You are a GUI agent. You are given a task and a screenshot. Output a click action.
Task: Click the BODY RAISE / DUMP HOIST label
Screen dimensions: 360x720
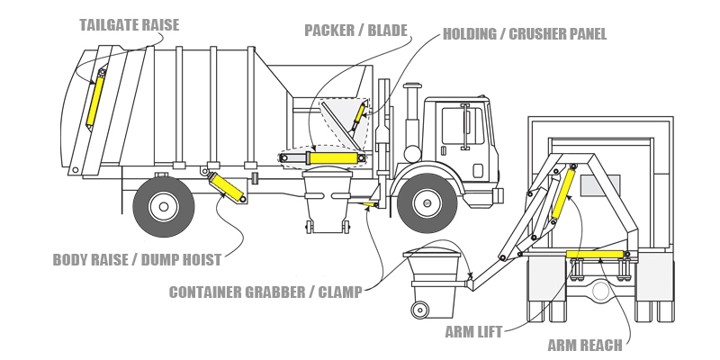point(136,260)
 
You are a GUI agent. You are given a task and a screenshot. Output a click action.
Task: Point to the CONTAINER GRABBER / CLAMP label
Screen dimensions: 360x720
point(265,292)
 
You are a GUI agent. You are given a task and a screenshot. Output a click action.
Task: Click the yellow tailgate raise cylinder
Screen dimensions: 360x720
point(95,100)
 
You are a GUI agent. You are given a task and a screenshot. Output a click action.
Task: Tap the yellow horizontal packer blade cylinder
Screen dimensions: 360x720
point(332,158)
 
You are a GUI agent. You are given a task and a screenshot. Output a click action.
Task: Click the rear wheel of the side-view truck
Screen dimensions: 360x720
point(164,206)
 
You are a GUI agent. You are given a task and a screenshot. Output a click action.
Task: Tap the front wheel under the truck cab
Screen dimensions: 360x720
point(427,204)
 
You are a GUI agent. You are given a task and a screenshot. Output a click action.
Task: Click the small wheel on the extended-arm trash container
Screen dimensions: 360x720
point(418,310)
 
